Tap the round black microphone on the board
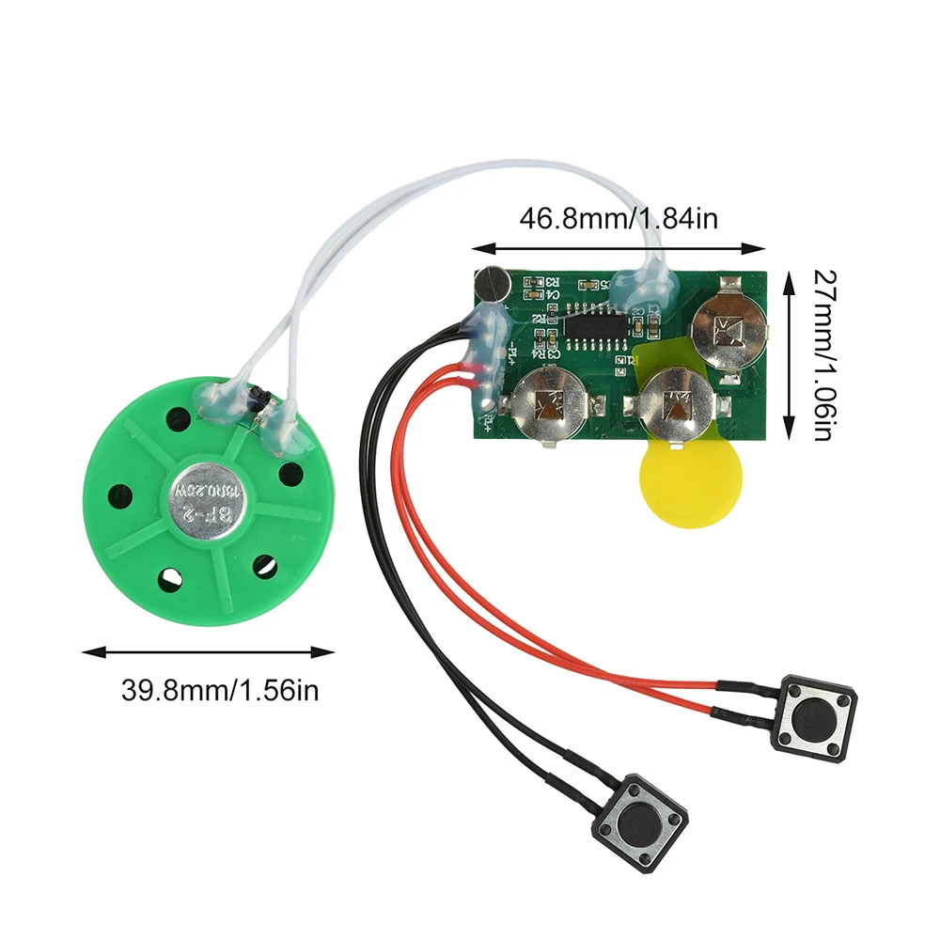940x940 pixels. click(491, 285)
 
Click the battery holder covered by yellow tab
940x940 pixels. click(674, 405)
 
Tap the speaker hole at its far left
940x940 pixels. click(121, 492)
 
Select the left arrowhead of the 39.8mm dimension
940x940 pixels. click(87, 650)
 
